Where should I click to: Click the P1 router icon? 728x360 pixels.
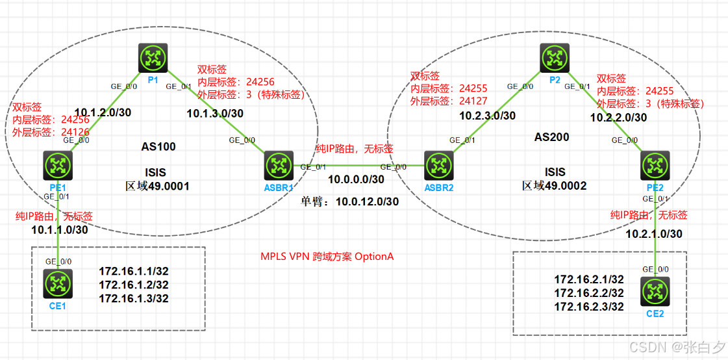click(153, 58)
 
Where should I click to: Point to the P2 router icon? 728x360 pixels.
click(555, 58)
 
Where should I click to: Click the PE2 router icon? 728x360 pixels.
click(655, 166)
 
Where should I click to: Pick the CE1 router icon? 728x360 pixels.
click(58, 283)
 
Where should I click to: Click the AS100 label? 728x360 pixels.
click(159, 147)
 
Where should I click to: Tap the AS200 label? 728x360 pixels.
click(551, 137)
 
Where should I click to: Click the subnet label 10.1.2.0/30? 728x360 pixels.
click(103, 112)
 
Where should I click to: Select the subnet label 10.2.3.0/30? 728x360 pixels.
click(487, 116)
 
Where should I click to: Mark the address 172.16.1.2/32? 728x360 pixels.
click(134, 285)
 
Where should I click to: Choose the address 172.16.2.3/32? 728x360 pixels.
click(589, 307)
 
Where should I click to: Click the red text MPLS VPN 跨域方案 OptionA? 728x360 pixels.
click(327, 257)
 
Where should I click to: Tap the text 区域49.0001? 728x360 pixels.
click(157, 186)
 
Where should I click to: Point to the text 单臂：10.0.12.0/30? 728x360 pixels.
click(349, 202)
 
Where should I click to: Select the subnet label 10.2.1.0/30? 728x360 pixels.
click(653, 233)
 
